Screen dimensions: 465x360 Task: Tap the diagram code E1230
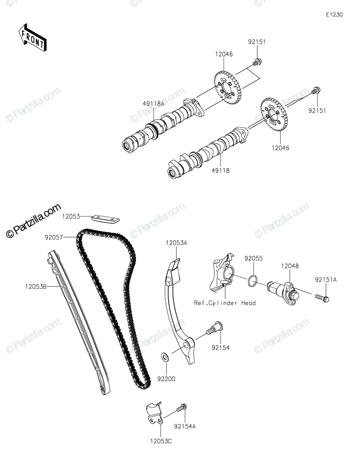(x=334, y=15)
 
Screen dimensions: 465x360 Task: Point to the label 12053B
(x=36, y=287)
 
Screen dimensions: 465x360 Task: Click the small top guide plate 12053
(x=105, y=219)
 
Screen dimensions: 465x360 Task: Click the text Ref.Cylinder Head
(x=225, y=303)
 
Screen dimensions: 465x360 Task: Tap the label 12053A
(x=176, y=243)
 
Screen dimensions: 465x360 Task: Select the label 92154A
(x=185, y=426)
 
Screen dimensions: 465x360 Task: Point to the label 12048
(x=290, y=266)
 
